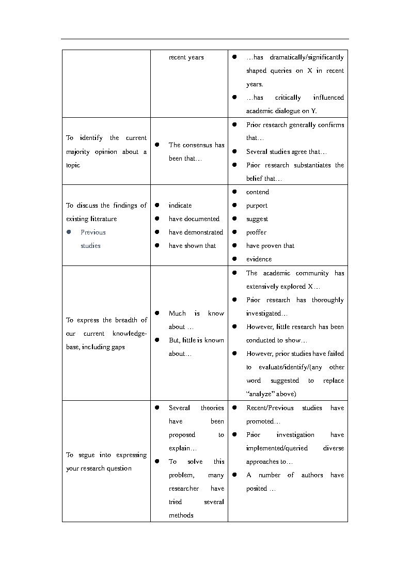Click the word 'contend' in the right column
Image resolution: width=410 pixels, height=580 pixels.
(x=257, y=192)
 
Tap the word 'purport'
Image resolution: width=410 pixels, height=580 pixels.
(x=257, y=206)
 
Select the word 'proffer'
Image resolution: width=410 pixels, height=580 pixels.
(x=256, y=232)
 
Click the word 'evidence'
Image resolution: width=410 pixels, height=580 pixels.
(x=259, y=259)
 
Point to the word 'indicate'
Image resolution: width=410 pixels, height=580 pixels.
(x=180, y=206)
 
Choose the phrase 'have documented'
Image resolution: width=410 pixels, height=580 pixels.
(x=194, y=219)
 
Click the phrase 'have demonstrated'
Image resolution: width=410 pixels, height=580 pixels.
(x=196, y=232)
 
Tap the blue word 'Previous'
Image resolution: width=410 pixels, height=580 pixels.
(x=93, y=232)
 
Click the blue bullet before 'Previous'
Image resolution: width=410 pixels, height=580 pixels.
(x=69, y=232)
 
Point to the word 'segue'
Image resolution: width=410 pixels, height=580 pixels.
(x=86, y=455)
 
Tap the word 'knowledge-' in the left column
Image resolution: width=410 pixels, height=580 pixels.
(x=130, y=334)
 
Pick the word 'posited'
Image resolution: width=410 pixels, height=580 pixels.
(x=257, y=489)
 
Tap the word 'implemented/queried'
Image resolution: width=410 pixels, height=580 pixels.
(x=277, y=448)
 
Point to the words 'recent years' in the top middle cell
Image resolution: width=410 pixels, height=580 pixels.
(x=186, y=57)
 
